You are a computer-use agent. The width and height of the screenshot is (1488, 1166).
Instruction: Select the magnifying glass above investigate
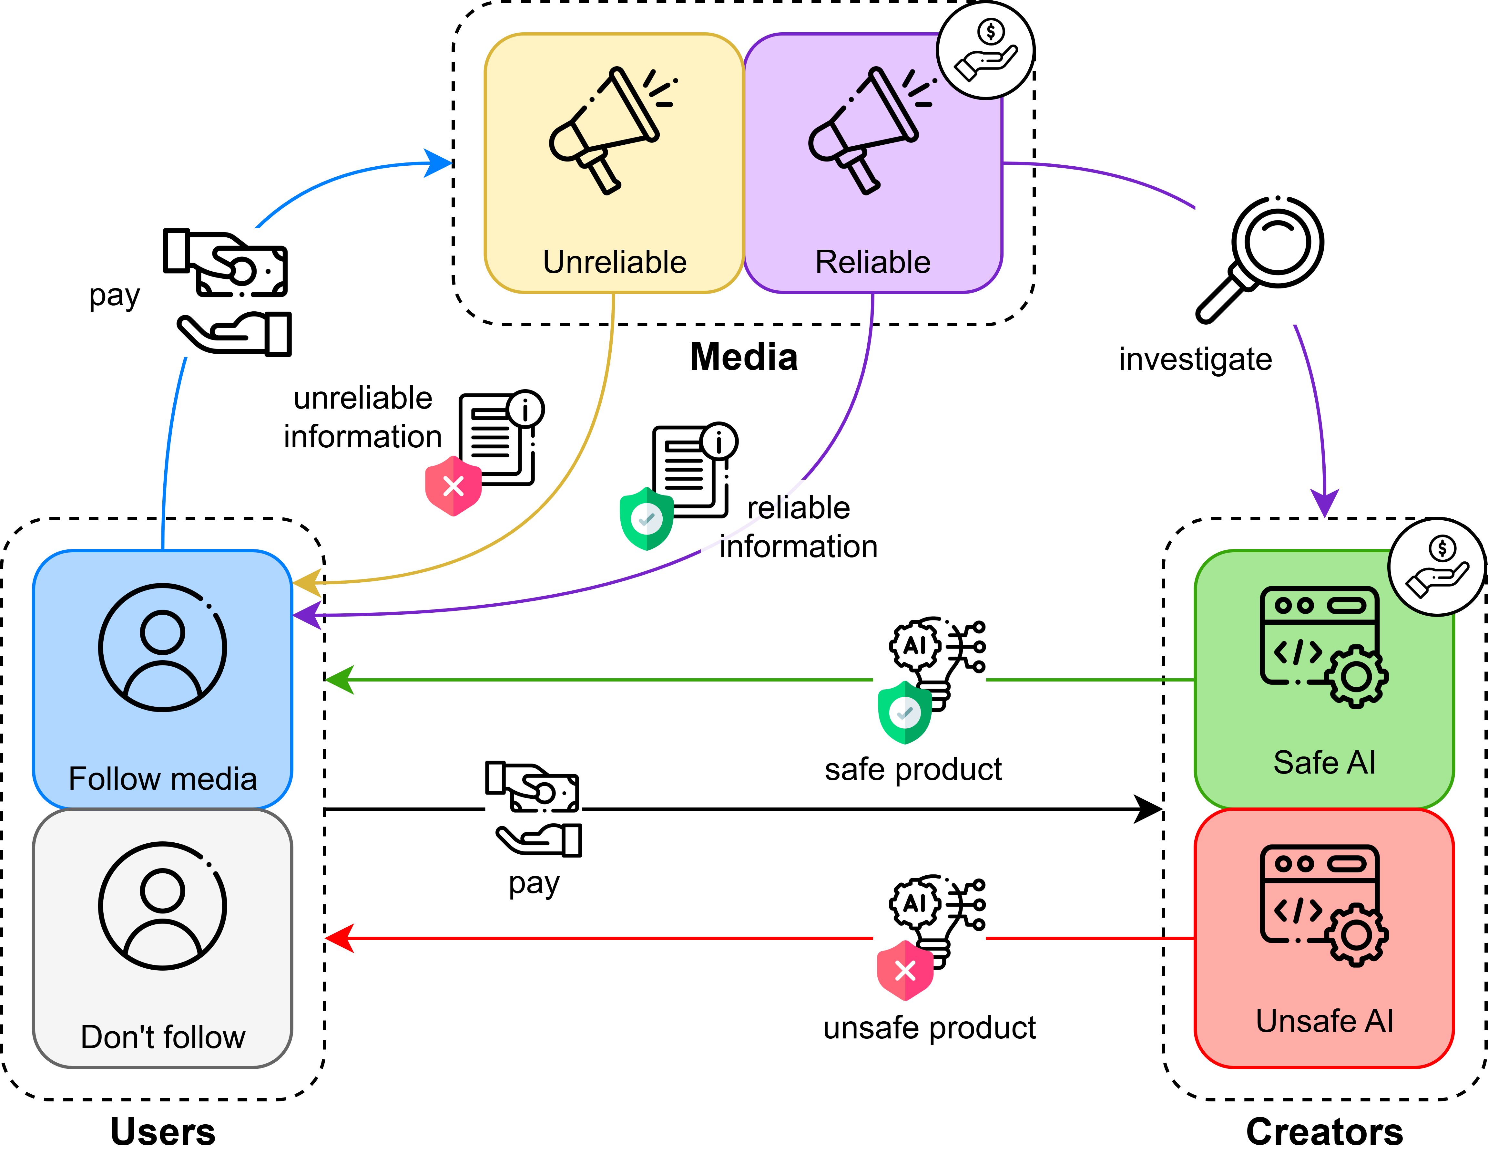[x=1261, y=258]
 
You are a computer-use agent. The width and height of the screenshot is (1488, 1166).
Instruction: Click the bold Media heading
[x=744, y=357]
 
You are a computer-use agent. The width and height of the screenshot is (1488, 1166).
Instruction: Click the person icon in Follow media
[x=162, y=647]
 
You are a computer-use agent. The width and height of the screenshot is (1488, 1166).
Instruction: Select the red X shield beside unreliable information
[x=453, y=486]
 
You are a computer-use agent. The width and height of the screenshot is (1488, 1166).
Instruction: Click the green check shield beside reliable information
[x=646, y=519]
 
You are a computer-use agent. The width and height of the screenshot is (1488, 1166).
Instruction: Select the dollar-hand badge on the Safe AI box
[x=1437, y=567]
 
